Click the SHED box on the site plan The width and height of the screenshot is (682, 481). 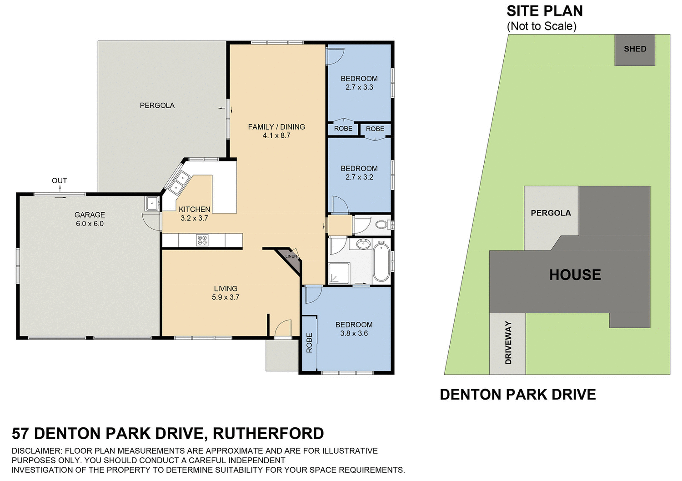click(x=635, y=50)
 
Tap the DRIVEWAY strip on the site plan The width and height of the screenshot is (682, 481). click(x=508, y=343)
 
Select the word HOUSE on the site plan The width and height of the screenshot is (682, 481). click(x=575, y=275)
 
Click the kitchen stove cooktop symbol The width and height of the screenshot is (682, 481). click(x=202, y=240)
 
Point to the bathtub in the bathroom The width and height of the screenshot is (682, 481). click(x=381, y=262)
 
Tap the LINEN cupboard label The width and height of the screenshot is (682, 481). click(x=291, y=256)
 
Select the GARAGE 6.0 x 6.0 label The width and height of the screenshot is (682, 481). click(x=90, y=219)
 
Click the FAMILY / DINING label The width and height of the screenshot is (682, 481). click(x=276, y=127)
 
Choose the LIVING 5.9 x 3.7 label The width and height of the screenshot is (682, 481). click(x=226, y=293)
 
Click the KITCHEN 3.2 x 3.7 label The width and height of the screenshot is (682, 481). click(x=194, y=214)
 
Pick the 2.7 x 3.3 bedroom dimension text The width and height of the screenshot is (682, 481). click(x=359, y=87)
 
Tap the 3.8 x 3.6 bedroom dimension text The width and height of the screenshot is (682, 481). click(x=354, y=333)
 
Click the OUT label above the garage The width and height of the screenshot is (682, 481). click(x=60, y=180)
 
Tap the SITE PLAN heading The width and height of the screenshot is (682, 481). click(x=544, y=11)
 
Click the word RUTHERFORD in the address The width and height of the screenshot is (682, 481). click(x=268, y=433)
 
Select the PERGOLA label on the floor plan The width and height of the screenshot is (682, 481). click(x=157, y=105)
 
